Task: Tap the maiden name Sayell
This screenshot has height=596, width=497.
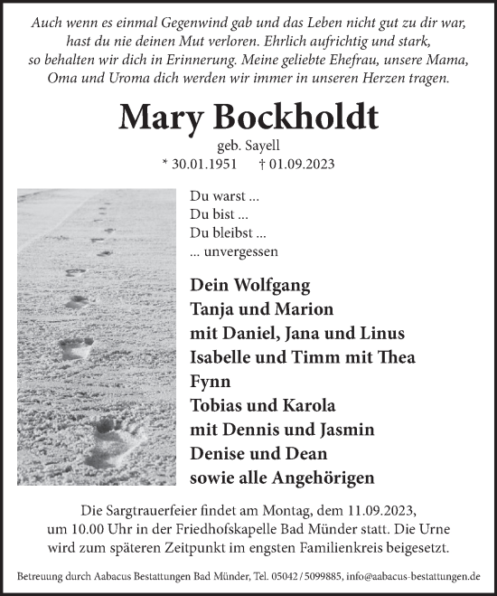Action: coord(261,147)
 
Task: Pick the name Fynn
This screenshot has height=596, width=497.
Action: coord(210,380)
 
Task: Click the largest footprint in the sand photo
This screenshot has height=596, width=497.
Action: coord(117,435)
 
